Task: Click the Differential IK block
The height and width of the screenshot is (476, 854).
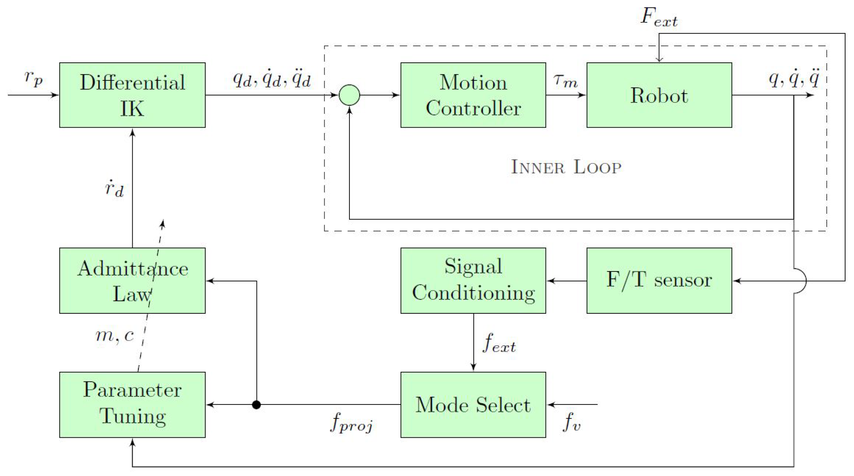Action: point(132,95)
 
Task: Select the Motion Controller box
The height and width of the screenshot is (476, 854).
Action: point(473,95)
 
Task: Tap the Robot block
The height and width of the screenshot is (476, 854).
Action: point(659,95)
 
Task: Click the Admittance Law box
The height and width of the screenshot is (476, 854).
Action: point(132,280)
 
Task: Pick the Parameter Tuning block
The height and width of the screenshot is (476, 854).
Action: point(132,404)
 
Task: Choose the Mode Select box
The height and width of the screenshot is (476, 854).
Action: point(473,404)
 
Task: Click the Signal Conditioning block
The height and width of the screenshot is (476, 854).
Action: point(473,280)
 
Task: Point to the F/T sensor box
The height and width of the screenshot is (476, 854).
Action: point(659,280)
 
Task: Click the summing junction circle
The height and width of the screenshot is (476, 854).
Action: point(349,95)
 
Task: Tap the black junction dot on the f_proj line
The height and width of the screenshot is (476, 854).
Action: point(256,404)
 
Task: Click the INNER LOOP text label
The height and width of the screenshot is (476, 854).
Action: point(566,167)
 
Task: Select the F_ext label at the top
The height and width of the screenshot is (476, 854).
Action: point(659,17)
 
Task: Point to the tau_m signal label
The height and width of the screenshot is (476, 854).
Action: point(566,81)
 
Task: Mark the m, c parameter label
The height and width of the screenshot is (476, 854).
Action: point(115,335)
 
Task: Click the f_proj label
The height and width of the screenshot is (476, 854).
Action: point(351,422)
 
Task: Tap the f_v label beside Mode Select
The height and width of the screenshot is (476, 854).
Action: point(571,422)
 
